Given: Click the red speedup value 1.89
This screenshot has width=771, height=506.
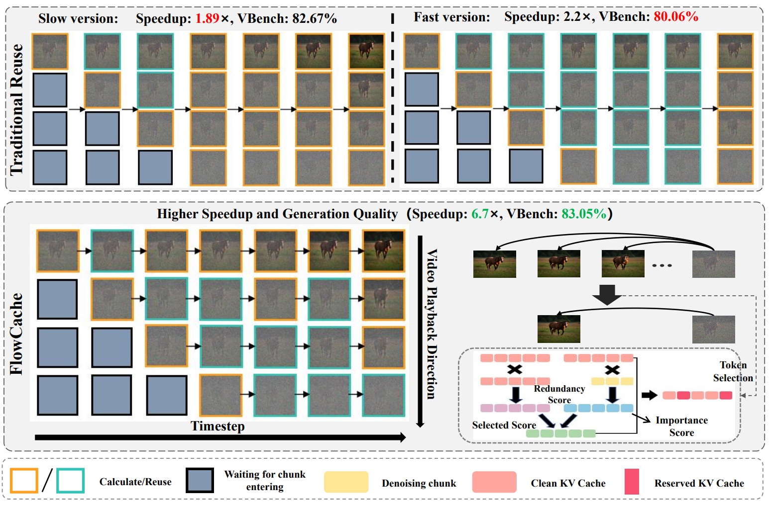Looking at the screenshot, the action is tap(207, 18).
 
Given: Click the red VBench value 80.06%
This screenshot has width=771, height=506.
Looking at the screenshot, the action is tap(676, 16).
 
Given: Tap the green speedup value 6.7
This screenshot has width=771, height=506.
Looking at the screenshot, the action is tap(480, 214).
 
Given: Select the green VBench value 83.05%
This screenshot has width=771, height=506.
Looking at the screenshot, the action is tap(584, 214).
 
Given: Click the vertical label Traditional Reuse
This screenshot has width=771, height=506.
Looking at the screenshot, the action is tap(16, 109).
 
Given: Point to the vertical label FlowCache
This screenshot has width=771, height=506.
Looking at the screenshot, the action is tap(16, 334).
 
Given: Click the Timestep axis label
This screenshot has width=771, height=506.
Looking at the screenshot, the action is tap(218, 426).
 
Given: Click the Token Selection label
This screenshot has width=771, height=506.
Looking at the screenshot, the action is tap(733, 371).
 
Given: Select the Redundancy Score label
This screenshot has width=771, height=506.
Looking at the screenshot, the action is tap(559, 394).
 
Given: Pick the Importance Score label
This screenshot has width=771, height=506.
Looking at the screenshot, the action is tap(681, 426).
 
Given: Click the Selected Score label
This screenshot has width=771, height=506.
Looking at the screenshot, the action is tap(504, 425).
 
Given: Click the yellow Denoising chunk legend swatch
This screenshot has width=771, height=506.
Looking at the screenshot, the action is tap(346, 482).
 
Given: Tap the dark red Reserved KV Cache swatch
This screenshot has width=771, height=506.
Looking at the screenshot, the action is tap(632, 482).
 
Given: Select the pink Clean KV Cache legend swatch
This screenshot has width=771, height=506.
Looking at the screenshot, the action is tap(494, 482).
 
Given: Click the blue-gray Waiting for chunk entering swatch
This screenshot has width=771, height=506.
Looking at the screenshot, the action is tap(200, 480).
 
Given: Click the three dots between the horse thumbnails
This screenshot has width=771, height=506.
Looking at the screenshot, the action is tap(662, 265).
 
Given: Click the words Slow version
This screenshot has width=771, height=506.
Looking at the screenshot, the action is tap(78, 18).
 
